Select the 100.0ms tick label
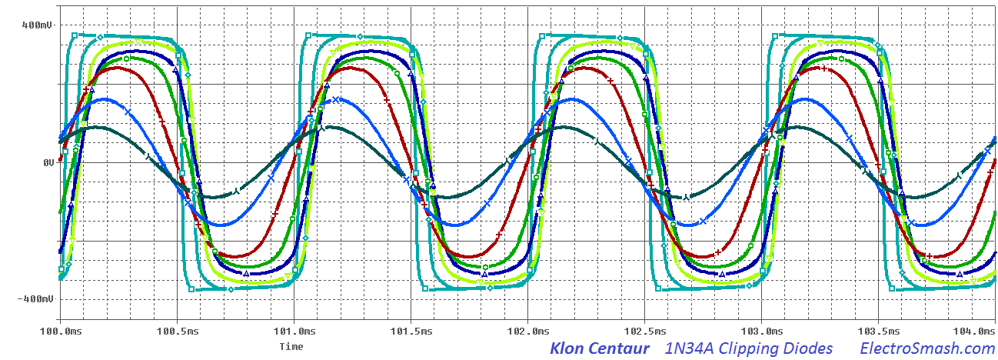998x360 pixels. (60, 330)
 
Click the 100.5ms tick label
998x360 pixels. (177, 330)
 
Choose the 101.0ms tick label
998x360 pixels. (294, 330)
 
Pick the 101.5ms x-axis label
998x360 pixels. (411, 330)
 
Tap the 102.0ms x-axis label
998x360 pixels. (527, 330)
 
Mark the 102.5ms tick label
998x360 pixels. (644, 330)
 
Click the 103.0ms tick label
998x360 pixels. (761, 330)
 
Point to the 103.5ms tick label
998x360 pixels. (878, 330)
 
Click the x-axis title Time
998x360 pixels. (291, 346)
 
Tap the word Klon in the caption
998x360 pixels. (567, 348)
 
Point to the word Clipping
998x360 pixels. (747, 348)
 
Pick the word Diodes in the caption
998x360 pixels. (809, 348)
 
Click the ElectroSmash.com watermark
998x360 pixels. (926, 348)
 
